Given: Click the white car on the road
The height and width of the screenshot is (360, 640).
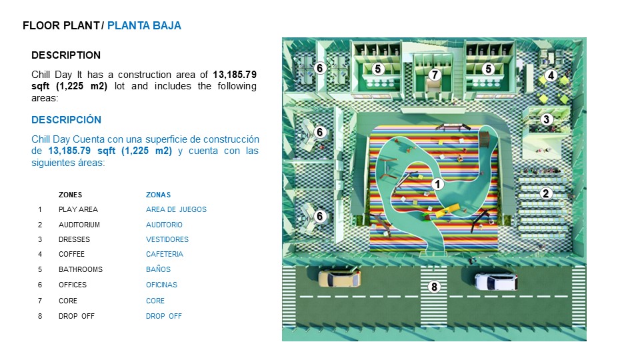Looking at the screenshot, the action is pos(496,281).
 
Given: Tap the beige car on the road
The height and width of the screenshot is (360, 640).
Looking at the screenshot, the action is pos(339,279).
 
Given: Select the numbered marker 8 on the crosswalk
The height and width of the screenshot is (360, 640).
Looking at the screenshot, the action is pos(434,287).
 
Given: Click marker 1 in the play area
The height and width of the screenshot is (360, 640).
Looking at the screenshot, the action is pos(437,184).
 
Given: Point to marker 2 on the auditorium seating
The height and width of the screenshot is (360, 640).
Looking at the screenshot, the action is pos(546,193).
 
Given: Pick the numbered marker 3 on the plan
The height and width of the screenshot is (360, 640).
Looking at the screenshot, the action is pos(547,119).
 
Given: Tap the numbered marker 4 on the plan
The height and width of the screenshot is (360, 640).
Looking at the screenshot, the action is pos(551,75).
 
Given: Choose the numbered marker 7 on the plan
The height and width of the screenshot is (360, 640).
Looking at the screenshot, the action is pos(435,75).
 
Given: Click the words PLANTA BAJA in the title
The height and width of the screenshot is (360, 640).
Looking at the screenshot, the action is pos(144,26).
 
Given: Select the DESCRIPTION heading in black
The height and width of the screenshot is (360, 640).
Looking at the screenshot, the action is pos(66,55).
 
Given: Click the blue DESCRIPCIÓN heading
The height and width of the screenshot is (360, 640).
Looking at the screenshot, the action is pos(66,119).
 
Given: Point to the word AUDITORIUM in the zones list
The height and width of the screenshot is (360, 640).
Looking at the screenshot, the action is pos(79,225).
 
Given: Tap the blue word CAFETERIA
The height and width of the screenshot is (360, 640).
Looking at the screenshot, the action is pos(165,254).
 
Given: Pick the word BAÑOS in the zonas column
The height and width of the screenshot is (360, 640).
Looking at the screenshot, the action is pos(159,269).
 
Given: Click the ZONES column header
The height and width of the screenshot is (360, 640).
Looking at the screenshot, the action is pos(70,195).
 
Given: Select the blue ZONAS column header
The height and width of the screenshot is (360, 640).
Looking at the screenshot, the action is pos(159,195).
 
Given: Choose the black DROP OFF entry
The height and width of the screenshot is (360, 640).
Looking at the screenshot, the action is pos(76,316).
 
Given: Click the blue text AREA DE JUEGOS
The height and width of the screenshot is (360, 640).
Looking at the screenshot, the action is pos(176,209).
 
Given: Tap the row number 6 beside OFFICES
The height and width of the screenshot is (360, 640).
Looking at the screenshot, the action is pos(40,285).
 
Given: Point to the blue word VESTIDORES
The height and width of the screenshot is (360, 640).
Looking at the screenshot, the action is pos(167,239).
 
